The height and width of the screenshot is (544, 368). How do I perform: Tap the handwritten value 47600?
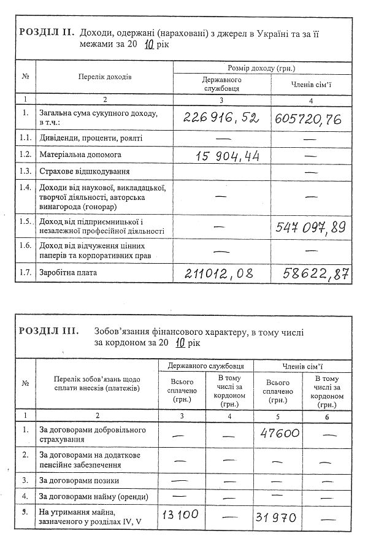coord(279,433)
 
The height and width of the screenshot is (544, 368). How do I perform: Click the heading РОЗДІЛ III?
coord(49,331)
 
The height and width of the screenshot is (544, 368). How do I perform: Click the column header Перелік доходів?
coord(104,77)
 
